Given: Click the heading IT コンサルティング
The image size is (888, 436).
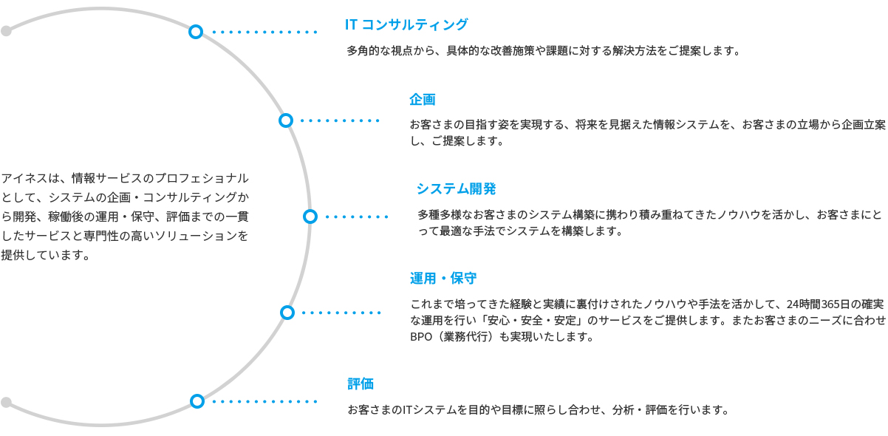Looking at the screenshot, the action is (406, 24).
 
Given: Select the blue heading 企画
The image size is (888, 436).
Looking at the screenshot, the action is (423, 100).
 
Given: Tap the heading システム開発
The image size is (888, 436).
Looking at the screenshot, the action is (457, 188).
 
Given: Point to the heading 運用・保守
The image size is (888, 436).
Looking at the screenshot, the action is (443, 279).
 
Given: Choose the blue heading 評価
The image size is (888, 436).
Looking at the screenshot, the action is (361, 384).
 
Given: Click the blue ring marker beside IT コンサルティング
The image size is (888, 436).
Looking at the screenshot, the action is (196, 32).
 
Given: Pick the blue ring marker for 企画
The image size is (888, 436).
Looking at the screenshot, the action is (286, 120).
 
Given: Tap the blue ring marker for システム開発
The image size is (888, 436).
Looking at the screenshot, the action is (310, 217).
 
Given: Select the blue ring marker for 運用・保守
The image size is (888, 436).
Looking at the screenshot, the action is (287, 313).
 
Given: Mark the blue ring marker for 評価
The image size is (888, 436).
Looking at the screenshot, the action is (197, 401).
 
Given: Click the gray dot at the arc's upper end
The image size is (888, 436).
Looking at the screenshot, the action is (6, 31).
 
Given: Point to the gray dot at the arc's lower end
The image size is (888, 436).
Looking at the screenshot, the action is (6, 403).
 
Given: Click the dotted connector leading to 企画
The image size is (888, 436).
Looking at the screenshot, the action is (340, 120).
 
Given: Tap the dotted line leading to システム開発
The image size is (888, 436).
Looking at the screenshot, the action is (357, 217).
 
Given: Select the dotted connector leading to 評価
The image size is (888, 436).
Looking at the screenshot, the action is (264, 401).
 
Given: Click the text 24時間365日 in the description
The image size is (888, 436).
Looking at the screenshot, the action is (819, 304).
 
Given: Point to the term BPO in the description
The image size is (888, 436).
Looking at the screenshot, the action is (421, 336).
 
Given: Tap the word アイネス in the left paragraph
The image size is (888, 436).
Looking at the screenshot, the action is (24, 178).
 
